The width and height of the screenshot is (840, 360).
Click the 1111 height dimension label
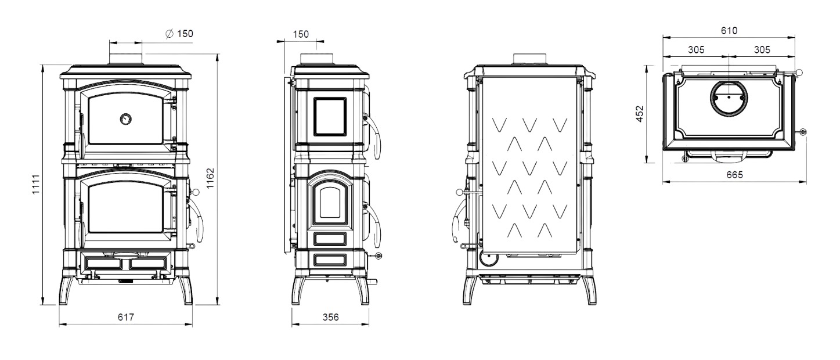pyautogui.click(x=35, y=184)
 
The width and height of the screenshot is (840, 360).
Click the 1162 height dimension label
pyautogui.click(x=210, y=178)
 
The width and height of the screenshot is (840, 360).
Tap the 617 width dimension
pyautogui.click(x=125, y=317)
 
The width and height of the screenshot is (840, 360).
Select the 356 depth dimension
pyautogui.click(x=330, y=317)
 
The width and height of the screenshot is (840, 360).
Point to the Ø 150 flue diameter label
pyautogui.click(x=179, y=34)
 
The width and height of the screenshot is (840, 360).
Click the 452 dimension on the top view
pyautogui.click(x=640, y=114)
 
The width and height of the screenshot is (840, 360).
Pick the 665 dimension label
pyautogui.click(x=734, y=175)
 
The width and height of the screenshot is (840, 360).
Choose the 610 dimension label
pyautogui.click(x=729, y=30)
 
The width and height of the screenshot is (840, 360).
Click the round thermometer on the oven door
pyautogui.click(x=125, y=119)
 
